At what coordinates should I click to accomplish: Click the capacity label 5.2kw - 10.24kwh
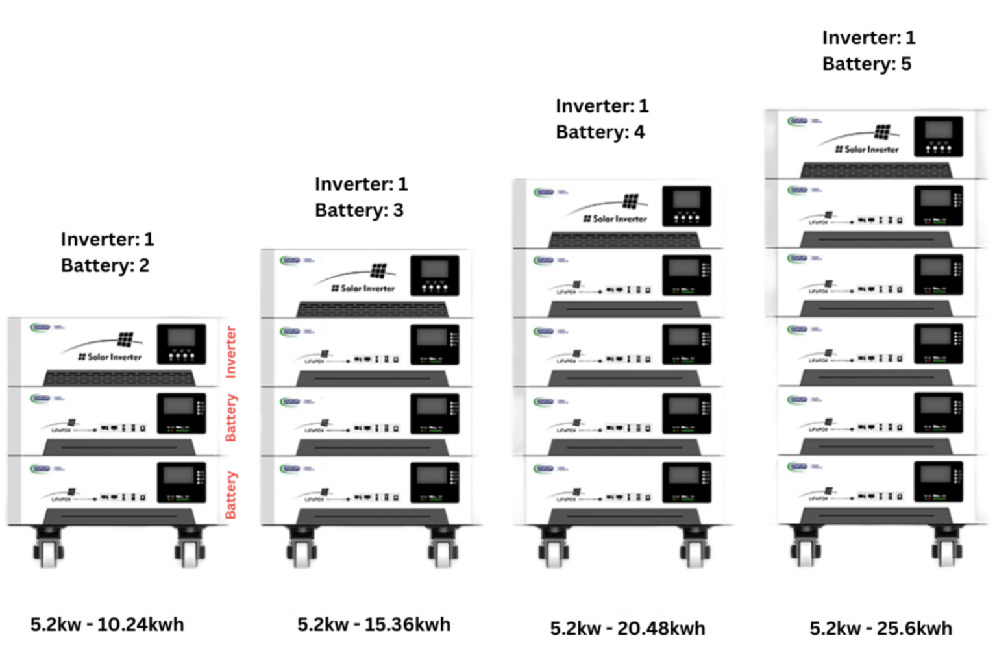point(107,624)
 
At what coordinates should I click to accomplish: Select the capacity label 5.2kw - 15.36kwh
point(373,624)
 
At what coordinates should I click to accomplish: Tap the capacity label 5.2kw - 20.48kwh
point(627,628)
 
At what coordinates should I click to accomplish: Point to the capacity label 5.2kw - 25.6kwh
point(880,628)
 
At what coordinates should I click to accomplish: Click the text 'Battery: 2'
point(105,265)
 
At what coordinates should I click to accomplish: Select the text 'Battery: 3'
point(359,210)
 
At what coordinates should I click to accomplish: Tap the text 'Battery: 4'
point(600,132)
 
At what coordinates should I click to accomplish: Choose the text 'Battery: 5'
point(867,64)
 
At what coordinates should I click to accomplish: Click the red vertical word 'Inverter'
point(230,352)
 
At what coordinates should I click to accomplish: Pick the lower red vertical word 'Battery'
point(230,495)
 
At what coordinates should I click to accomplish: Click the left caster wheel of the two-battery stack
point(48,550)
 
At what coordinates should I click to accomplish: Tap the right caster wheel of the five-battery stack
point(947,550)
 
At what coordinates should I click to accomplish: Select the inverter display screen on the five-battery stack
point(938,130)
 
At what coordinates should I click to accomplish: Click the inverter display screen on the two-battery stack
point(181,338)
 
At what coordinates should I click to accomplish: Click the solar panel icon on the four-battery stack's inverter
point(630,201)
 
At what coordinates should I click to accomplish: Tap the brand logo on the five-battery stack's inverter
point(798,121)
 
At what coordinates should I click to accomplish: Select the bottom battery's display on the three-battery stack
point(434,477)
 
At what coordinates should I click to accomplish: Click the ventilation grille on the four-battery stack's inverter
point(624,240)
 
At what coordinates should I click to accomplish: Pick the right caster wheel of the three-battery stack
point(443,550)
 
